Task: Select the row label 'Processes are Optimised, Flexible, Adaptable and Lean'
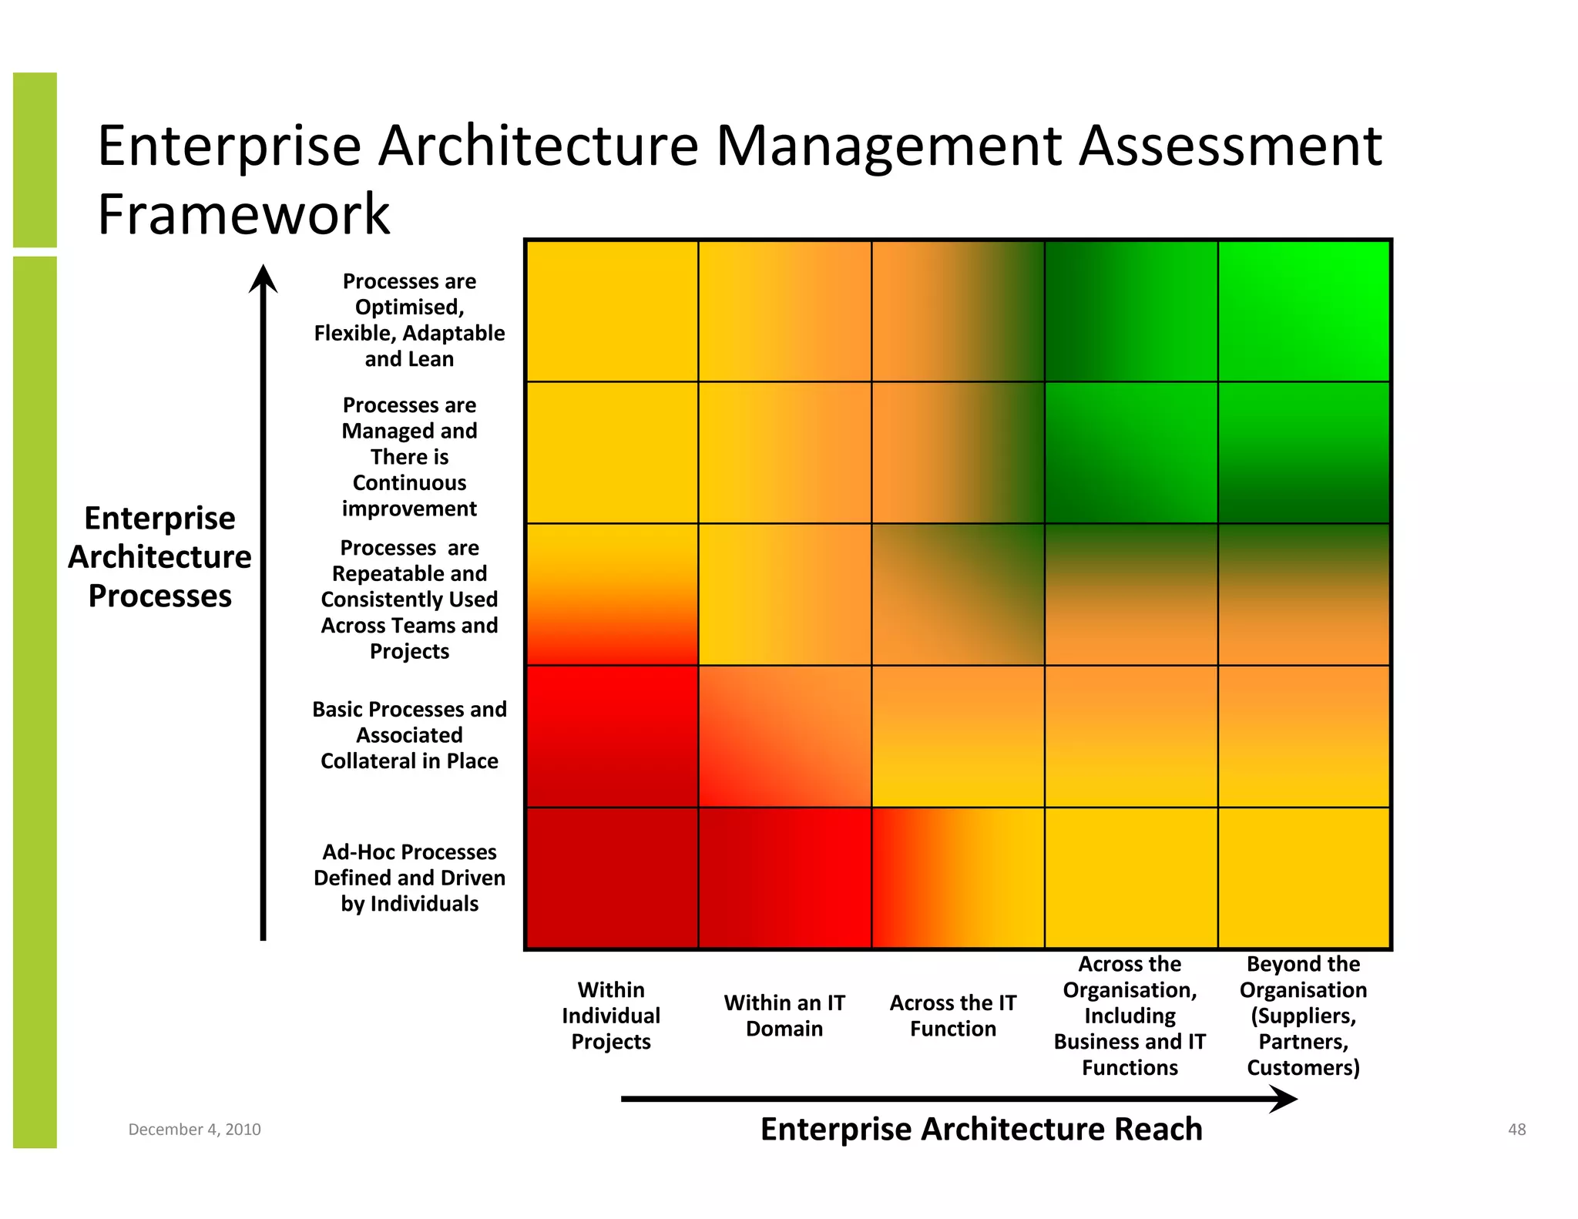409,320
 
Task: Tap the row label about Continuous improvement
409,457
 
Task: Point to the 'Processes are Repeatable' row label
409,599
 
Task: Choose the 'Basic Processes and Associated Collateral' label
409,735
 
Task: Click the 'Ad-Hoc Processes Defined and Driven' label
409,878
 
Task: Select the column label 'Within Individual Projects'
611,1016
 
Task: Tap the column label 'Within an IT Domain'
784,1016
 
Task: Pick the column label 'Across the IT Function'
953,1016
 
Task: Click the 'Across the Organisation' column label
1130,1016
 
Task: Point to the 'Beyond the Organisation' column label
1303,1016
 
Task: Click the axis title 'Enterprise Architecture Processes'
159,557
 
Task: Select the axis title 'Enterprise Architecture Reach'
981,1129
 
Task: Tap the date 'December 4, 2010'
194,1130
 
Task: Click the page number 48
1516,1130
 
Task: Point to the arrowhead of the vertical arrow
263,278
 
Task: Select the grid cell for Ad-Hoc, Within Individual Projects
612,878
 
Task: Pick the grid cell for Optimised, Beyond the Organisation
1304,311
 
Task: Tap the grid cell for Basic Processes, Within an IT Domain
784,737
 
